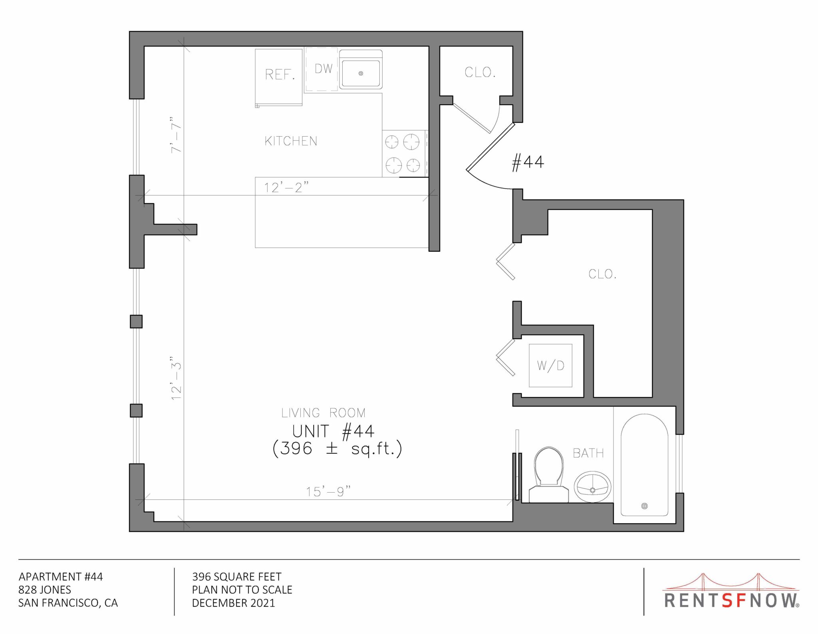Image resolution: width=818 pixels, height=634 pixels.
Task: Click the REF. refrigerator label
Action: click(280, 74)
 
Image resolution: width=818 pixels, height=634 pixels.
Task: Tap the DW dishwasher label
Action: click(324, 69)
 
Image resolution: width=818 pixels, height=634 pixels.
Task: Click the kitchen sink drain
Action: click(361, 74)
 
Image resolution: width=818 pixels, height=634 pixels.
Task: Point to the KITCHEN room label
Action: click(291, 141)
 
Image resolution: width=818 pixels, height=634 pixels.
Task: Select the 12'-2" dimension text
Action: click(286, 187)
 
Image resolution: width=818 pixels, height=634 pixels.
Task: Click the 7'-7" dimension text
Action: click(176, 135)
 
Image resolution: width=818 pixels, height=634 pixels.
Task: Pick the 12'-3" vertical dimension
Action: click(176, 378)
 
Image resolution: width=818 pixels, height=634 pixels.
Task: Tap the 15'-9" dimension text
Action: click(328, 491)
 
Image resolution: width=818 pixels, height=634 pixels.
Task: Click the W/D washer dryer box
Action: click(550, 366)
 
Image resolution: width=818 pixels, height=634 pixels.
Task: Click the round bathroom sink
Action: click(593, 487)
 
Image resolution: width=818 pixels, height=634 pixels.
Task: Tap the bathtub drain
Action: click(644, 506)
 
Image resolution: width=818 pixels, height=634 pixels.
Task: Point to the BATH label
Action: click(588, 453)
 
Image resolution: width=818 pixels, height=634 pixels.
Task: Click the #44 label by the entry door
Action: click(528, 162)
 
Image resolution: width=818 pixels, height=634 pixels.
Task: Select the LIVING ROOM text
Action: click(324, 413)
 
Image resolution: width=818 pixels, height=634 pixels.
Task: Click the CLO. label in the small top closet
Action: click(480, 72)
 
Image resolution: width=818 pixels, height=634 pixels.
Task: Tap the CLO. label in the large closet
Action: click(602, 274)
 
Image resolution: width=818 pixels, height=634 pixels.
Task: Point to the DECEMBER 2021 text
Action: click(233, 603)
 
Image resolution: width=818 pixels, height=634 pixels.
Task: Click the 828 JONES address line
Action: click(45, 590)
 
